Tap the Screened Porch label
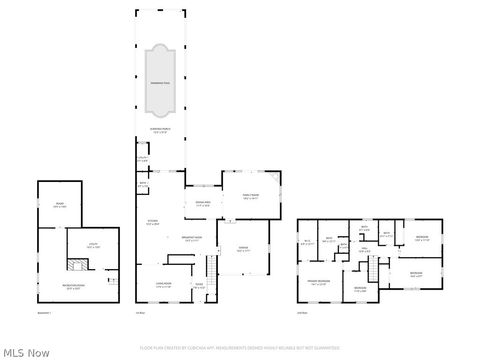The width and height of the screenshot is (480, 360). click(160, 130)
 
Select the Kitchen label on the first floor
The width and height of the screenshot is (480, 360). click(153, 223)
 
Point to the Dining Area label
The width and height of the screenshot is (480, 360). click(201, 204)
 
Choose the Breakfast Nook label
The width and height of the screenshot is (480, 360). click(193, 239)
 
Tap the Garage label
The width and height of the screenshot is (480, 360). click(241, 252)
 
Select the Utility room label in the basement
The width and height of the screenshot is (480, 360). click(92, 246)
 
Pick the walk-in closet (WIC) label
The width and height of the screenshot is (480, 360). click(307, 242)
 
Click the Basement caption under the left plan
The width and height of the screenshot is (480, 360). click(44, 312)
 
